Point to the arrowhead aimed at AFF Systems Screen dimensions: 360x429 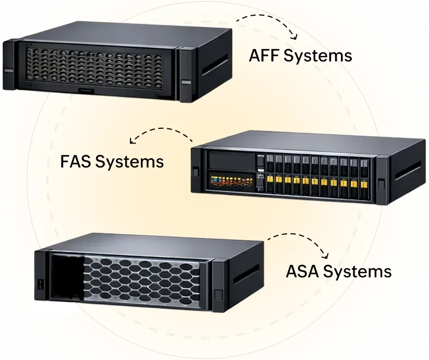click(x=294, y=37)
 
